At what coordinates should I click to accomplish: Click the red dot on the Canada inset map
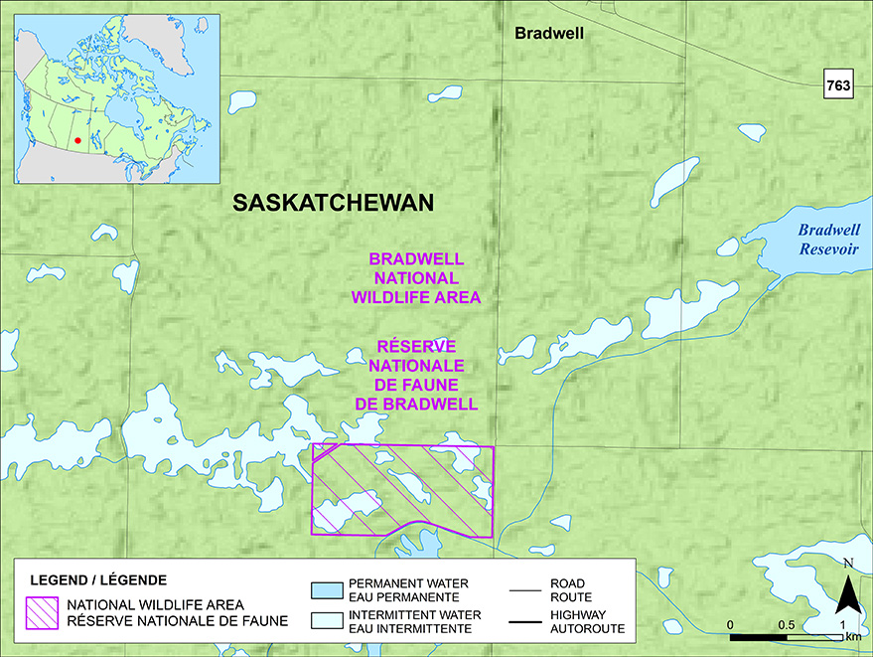[x=77, y=140]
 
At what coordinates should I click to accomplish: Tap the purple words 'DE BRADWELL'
[x=416, y=404]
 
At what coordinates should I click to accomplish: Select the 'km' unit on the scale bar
[x=852, y=636]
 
